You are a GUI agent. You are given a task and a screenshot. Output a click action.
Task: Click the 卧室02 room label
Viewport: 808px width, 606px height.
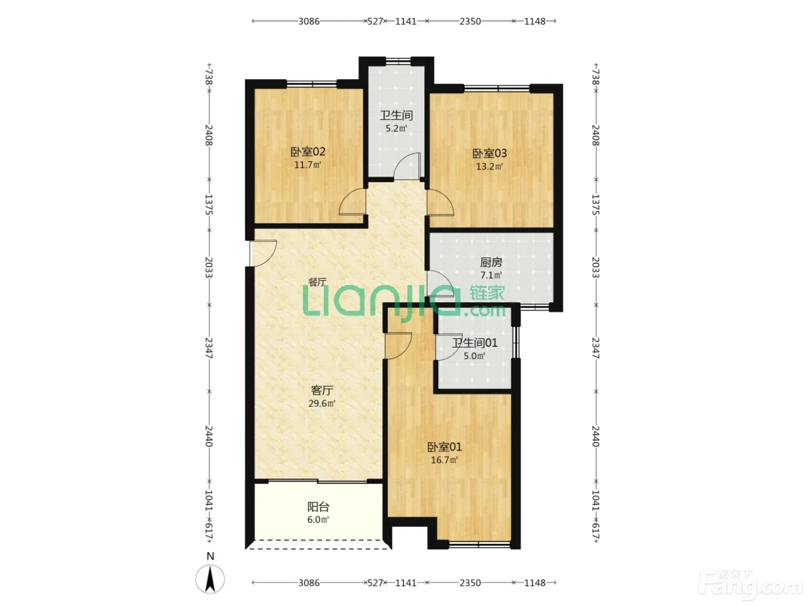click(x=308, y=152)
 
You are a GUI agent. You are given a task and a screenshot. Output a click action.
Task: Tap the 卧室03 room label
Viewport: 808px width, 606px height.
click(x=489, y=153)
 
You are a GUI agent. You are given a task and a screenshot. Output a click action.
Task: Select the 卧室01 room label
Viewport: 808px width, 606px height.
click(x=444, y=447)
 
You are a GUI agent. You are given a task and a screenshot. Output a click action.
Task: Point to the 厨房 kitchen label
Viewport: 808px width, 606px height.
click(x=491, y=263)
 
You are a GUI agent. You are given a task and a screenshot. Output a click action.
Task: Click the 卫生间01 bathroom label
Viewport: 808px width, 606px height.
click(x=474, y=343)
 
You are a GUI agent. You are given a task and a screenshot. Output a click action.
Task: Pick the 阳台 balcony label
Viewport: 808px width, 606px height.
click(x=319, y=507)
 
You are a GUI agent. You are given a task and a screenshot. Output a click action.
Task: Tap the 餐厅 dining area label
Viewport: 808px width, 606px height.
click(x=317, y=282)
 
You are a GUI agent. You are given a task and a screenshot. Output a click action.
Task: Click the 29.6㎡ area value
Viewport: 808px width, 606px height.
click(x=321, y=403)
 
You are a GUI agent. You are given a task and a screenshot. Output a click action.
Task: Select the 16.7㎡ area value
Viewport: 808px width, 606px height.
click(x=444, y=460)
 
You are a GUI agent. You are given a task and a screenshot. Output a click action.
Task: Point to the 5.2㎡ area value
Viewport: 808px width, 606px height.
click(x=396, y=128)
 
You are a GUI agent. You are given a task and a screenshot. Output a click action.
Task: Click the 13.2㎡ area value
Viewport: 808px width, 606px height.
click(x=489, y=166)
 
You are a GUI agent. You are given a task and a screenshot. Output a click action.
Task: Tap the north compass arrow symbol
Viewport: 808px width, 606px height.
click(x=210, y=579)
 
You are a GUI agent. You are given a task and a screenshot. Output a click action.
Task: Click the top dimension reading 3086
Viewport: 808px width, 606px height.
click(x=309, y=21)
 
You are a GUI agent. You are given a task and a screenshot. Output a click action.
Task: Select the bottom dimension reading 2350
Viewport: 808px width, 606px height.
click(x=470, y=583)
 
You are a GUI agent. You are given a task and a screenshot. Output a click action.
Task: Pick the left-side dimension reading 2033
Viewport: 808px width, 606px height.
click(x=209, y=267)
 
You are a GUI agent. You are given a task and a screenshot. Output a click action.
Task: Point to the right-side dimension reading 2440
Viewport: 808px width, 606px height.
click(x=595, y=436)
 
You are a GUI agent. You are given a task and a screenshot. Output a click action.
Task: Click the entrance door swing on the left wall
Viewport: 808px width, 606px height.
click(x=263, y=253)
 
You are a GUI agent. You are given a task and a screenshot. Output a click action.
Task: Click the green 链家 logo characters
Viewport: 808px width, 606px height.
click(x=487, y=293)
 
